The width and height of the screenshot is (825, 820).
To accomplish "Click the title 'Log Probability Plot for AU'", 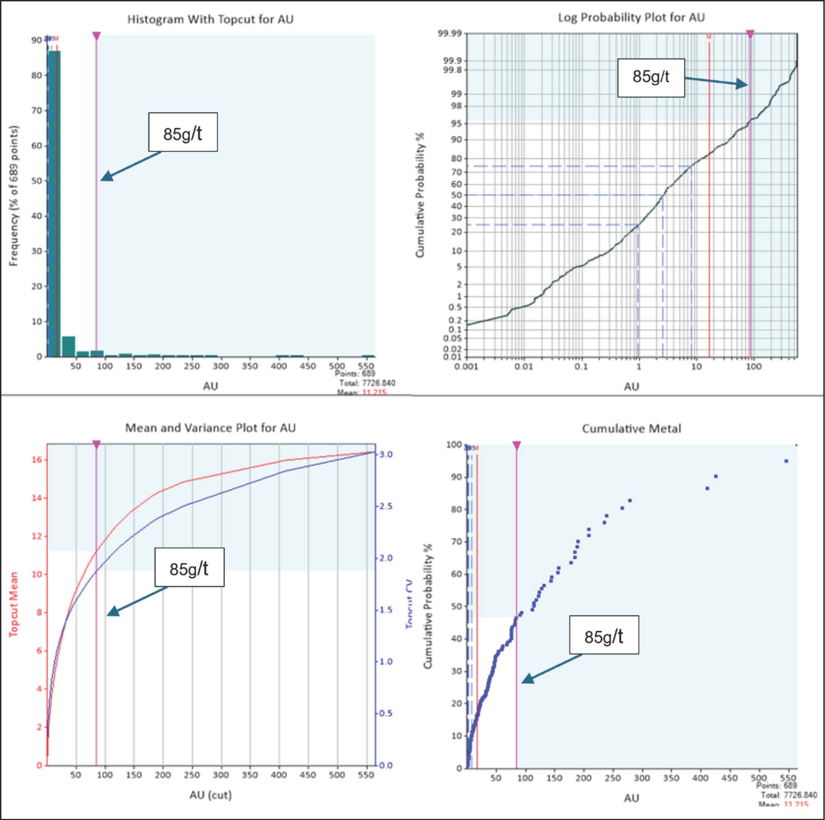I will [x=631, y=18].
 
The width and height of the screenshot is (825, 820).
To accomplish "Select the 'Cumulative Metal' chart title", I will [x=631, y=429].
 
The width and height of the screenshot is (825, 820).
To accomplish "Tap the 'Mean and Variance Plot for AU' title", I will [x=210, y=428].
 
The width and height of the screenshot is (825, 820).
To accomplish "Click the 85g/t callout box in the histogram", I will [x=183, y=132].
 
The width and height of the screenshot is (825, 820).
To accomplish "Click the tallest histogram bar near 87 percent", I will [x=54, y=201].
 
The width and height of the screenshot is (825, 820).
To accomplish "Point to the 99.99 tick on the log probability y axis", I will [x=449, y=34].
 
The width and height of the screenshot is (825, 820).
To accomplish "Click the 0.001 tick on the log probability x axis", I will [x=466, y=367].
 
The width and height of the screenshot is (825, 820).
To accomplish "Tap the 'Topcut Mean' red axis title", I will [x=14, y=604].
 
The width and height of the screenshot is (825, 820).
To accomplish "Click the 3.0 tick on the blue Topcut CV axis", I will [x=386, y=455].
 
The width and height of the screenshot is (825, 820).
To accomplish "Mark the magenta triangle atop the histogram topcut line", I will [x=97, y=36].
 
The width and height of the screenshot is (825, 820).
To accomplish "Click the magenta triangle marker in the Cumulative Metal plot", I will [x=516, y=446].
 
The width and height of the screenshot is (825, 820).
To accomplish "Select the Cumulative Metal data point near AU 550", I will [x=786, y=461].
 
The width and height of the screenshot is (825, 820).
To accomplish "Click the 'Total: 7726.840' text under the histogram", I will [x=367, y=383].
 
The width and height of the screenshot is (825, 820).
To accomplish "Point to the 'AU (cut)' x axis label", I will [x=210, y=795].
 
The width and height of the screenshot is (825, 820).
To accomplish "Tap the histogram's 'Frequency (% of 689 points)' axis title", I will [x=14, y=196].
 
